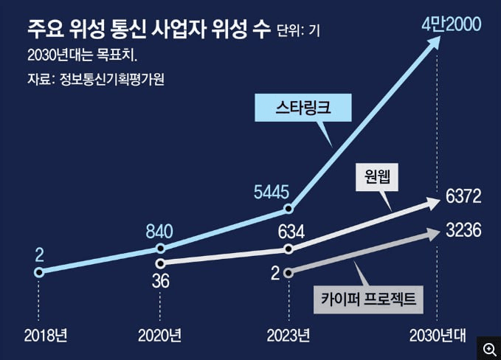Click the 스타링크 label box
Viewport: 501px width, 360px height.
(x=303, y=108)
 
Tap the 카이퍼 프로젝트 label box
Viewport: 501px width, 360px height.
(x=368, y=299)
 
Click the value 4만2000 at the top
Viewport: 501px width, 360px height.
(x=451, y=24)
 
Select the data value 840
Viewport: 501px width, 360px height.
(x=159, y=230)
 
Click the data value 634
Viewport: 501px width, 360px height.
(x=291, y=232)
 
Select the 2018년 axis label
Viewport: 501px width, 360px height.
(x=46, y=336)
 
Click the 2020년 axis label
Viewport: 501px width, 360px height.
(x=159, y=336)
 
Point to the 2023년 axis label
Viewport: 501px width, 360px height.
(x=288, y=336)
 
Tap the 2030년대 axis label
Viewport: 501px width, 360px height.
(x=438, y=336)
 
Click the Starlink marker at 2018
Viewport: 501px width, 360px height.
(x=38, y=272)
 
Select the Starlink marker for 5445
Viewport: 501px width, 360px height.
(x=289, y=209)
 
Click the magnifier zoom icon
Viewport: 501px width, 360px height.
(x=488, y=347)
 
